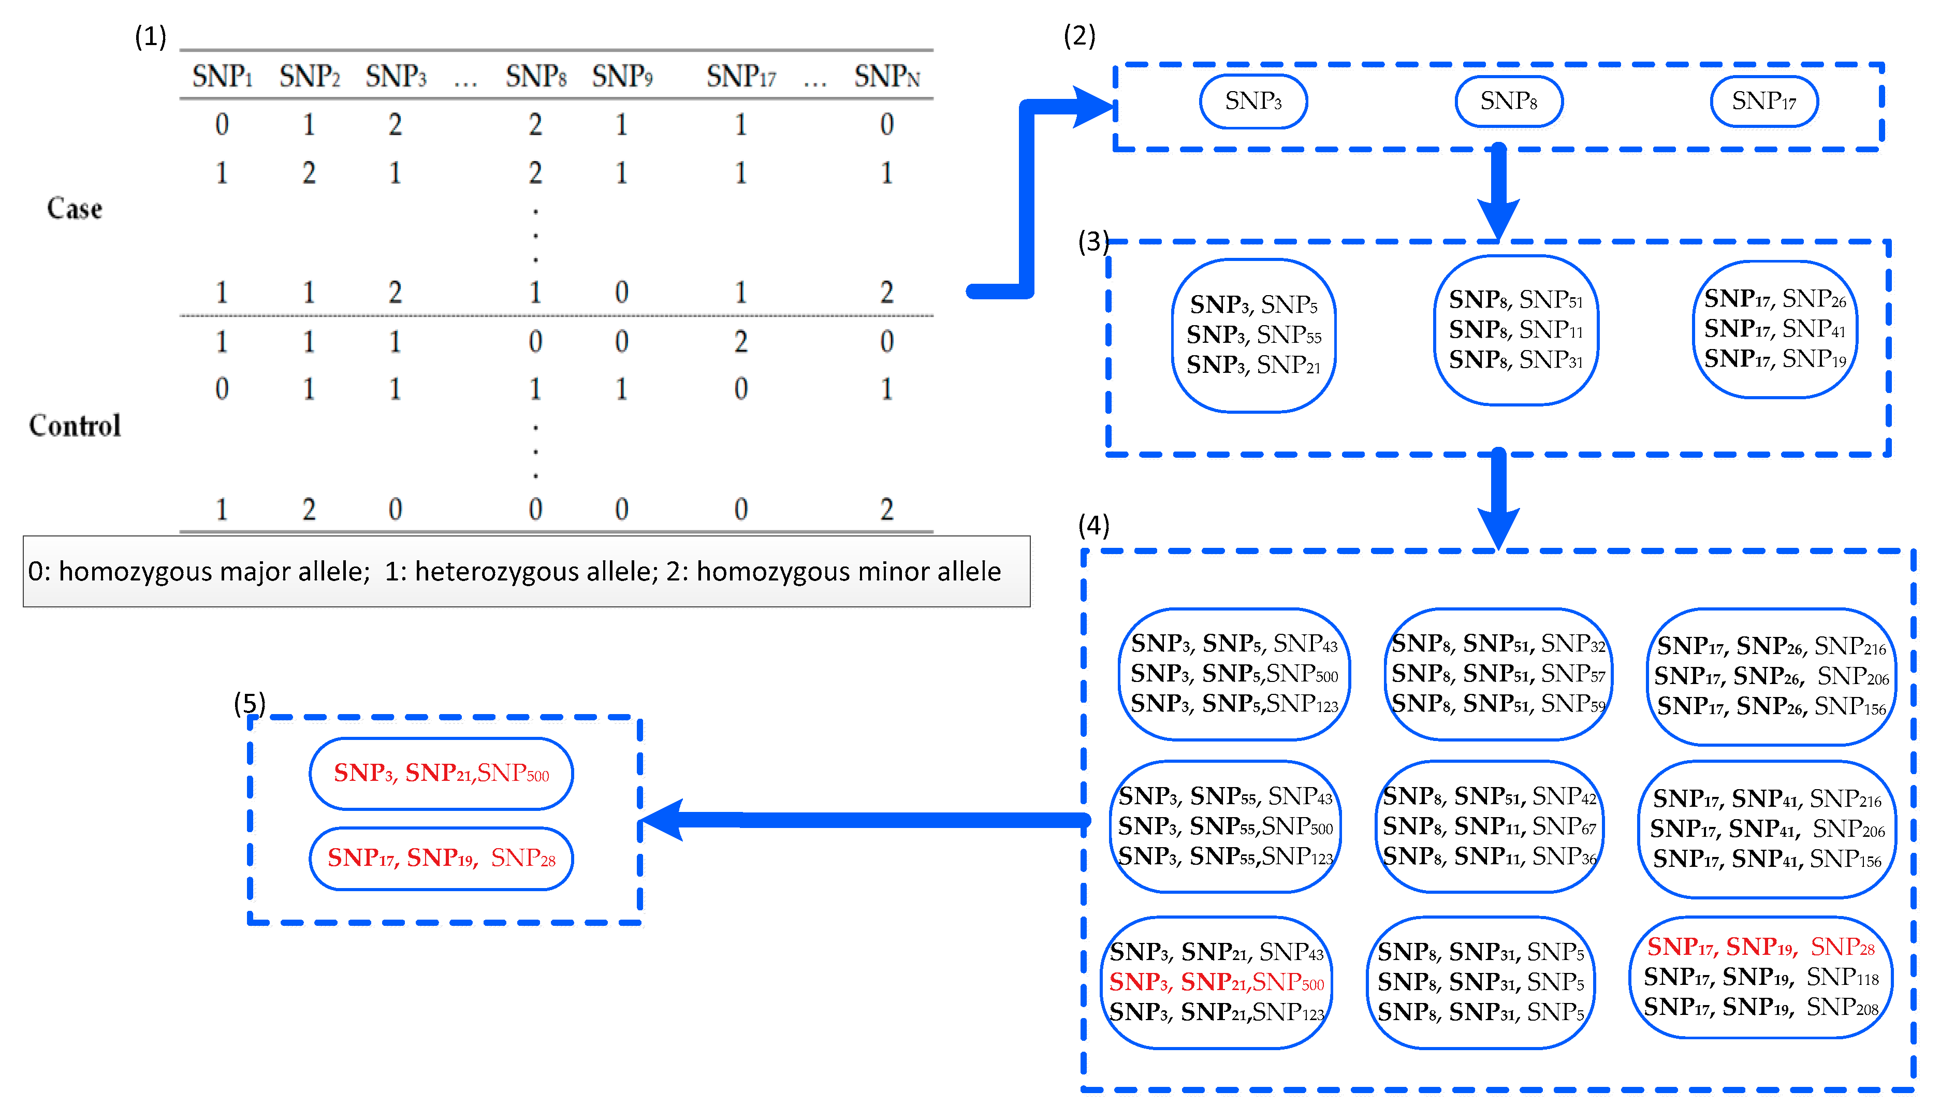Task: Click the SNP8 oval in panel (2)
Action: pyautogui.click(x=1508, y=100)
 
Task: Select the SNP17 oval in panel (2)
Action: pyautogui.click(x=1763, y=100)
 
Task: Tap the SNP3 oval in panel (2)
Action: pyautogui.click(x=1252, y=100)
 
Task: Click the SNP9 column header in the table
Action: pyautogui.click(x=622, y=76)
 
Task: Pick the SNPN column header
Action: pyautogui.click(x=886, y=76)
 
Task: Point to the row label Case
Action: pyautogui.click(x=75, y=208)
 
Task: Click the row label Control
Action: pyautogui.click(x=75, y=425)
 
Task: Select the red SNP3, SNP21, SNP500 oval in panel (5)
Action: pyautogui.click(x=441, y=773)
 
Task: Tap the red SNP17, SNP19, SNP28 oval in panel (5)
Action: pyautogui.click(x=441, y=858)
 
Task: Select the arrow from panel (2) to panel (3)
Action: pyautogui.click(x=1498, y=192)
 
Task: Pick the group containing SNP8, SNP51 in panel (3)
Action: pyautogui.click(x=1515, y=330)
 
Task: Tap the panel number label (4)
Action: pyautogui.click(x=1093, y=526)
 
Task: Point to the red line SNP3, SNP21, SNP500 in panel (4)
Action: pyautogui.click(x=1216, y=982)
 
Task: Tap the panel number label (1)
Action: pyautogui.click(x=151, y=36)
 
